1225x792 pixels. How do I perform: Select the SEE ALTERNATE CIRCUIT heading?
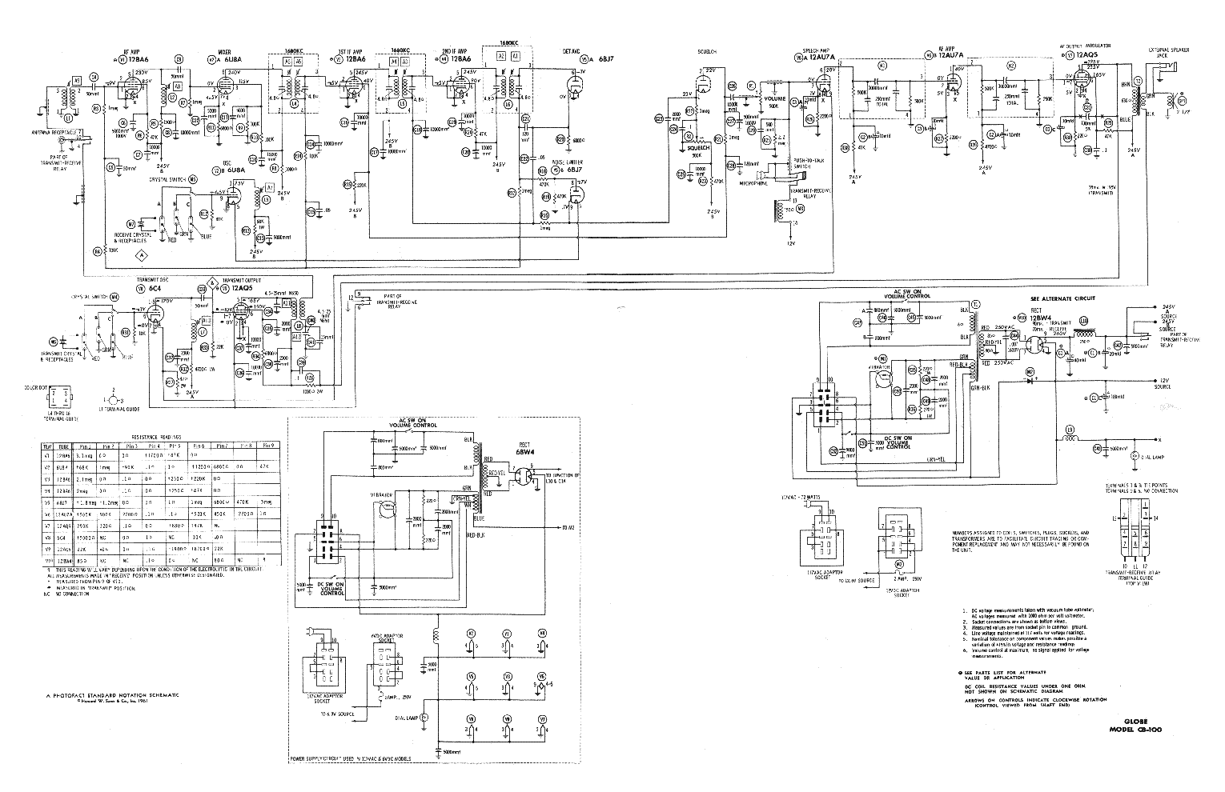coord(1062,298)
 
